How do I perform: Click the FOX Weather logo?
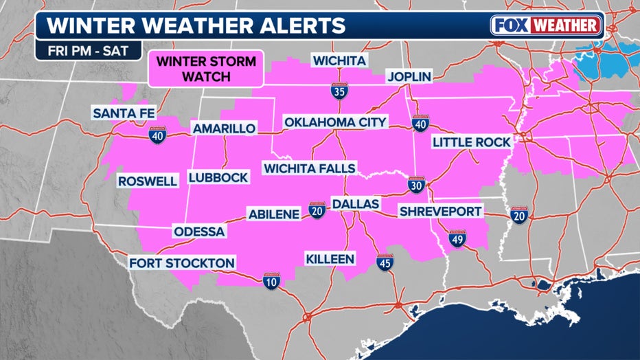547,25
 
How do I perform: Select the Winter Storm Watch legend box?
206,69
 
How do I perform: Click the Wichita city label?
339,60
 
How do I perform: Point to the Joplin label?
409,76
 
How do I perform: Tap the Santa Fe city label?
124,113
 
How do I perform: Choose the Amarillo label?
224,128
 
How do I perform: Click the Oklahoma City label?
336,122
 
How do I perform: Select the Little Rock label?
471,142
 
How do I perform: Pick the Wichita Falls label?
310,168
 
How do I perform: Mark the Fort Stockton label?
182,262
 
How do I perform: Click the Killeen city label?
330,258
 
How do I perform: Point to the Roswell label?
148,181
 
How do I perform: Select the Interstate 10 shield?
272,280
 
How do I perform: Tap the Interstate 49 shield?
457,238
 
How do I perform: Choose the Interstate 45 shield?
385,262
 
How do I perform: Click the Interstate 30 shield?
417,185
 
